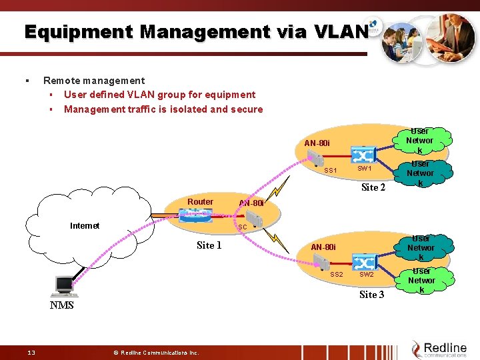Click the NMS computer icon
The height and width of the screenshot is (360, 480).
point(65,286)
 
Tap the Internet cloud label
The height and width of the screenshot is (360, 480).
point(85,225)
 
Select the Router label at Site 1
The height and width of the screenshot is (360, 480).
point(200,202)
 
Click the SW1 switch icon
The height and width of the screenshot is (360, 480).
point(364,156)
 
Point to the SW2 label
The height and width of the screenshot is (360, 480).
point(367,275)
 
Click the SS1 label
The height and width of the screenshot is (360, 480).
point(331,171)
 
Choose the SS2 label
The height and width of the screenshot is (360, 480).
point(337,275)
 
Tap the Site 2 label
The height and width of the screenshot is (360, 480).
point(373,187)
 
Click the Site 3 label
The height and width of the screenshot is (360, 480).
point(371,294)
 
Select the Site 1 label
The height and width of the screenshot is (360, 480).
point(209,245)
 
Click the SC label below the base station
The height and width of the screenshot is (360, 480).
point(243,227)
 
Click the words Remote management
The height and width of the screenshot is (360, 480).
point(94,81)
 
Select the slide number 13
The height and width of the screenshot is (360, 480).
point(31,352)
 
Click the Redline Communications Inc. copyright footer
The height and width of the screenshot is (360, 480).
point(155,352)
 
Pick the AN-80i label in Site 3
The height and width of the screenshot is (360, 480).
point(325,247)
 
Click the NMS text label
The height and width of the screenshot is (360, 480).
point(61,305)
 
